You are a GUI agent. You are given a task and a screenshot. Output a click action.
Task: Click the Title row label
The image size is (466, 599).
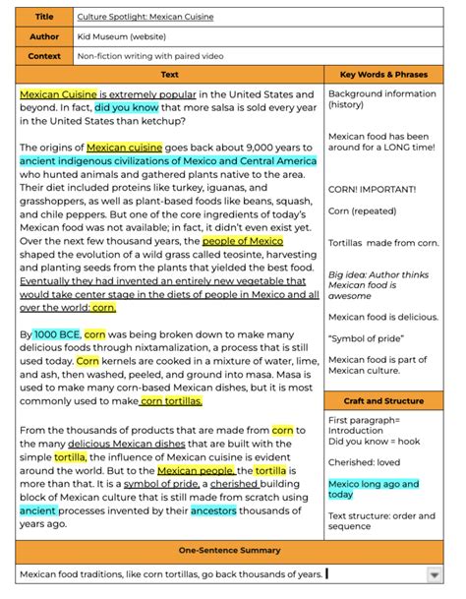point(43,17)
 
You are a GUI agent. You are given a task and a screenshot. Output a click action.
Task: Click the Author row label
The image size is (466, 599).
point(43,36)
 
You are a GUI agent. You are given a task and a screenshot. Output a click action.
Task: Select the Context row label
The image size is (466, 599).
point(43,56)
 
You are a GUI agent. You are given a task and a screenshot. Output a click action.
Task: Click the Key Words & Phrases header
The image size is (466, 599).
point(384,74)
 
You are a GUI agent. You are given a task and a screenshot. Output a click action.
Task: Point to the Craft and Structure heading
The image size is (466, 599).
point(384,401)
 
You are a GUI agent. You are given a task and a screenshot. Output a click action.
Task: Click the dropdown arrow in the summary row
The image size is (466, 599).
point(434,574)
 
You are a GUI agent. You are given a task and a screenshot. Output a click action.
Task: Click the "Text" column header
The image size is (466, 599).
point(170,74)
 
